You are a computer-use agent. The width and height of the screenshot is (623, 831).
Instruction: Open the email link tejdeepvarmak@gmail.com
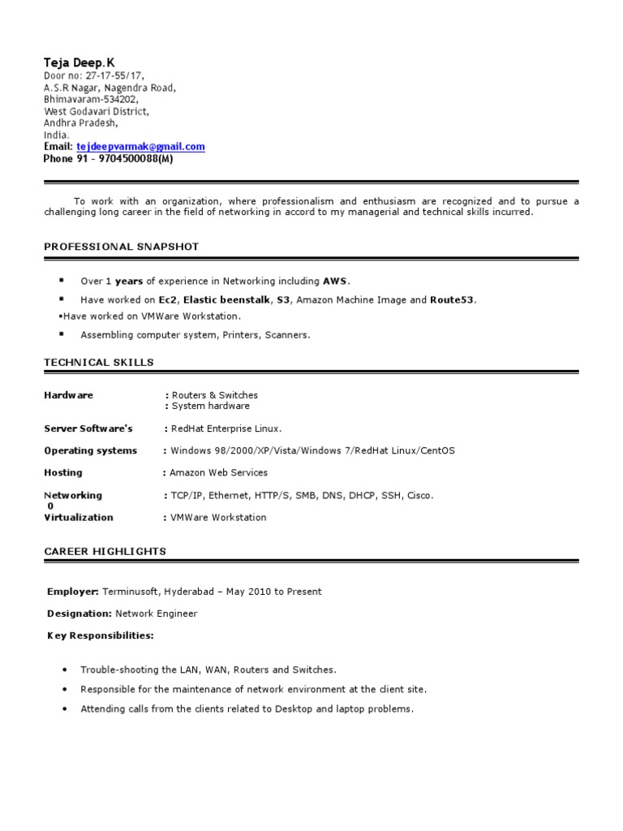[x=140, y=147]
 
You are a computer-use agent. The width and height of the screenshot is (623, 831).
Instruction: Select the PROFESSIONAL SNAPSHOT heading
[x=121, y=247]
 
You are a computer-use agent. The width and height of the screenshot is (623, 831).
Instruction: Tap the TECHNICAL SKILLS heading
[x=98, y=362]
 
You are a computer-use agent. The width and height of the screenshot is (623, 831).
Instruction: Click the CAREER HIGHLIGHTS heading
[x=105, y=551]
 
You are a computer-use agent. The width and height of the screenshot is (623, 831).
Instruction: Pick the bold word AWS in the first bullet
[x=334, y=282]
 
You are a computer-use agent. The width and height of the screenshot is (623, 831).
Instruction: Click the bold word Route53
[x=453, y=300]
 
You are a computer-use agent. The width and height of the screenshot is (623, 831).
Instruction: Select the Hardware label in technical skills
[x=68, y=395]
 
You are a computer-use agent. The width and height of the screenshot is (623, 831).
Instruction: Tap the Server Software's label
[x=88, y=428]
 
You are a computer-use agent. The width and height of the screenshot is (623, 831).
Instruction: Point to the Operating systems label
[x=90, y=450]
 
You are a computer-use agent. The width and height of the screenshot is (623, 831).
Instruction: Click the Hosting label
[x=62, y=472]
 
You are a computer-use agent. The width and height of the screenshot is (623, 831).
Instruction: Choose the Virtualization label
[x=78, y=517]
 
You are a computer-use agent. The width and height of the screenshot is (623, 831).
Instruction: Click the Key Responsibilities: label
[x=100, y=635]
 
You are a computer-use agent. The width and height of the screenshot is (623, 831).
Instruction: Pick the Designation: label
[x=79, y=614]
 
